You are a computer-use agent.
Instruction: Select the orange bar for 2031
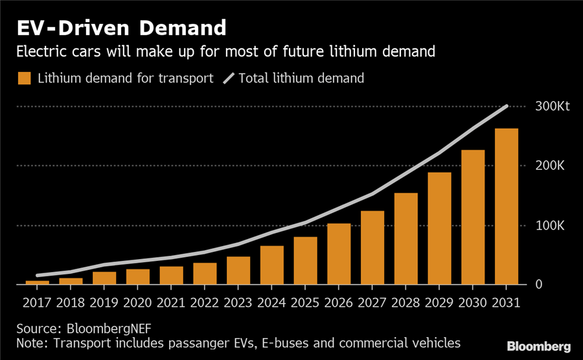pos(506,207)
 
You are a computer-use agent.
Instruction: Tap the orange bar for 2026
pos(339,254)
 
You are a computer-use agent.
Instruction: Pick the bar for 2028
pos(406,239)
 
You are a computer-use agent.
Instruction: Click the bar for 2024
pos(271,265)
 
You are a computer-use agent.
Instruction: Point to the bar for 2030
pos(473,218)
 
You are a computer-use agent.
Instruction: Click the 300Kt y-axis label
pos(551,106)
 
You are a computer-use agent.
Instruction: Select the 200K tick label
pos(550,166)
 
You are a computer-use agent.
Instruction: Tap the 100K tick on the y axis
pos(550,225)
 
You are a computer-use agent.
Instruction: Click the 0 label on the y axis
pos(538,285)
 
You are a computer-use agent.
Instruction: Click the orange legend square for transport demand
pos(24,78)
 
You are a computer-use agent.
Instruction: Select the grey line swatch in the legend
pos(229,78)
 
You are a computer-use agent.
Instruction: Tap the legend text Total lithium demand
pos(301,78)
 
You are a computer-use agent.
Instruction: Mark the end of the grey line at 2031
pos(507,106)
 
